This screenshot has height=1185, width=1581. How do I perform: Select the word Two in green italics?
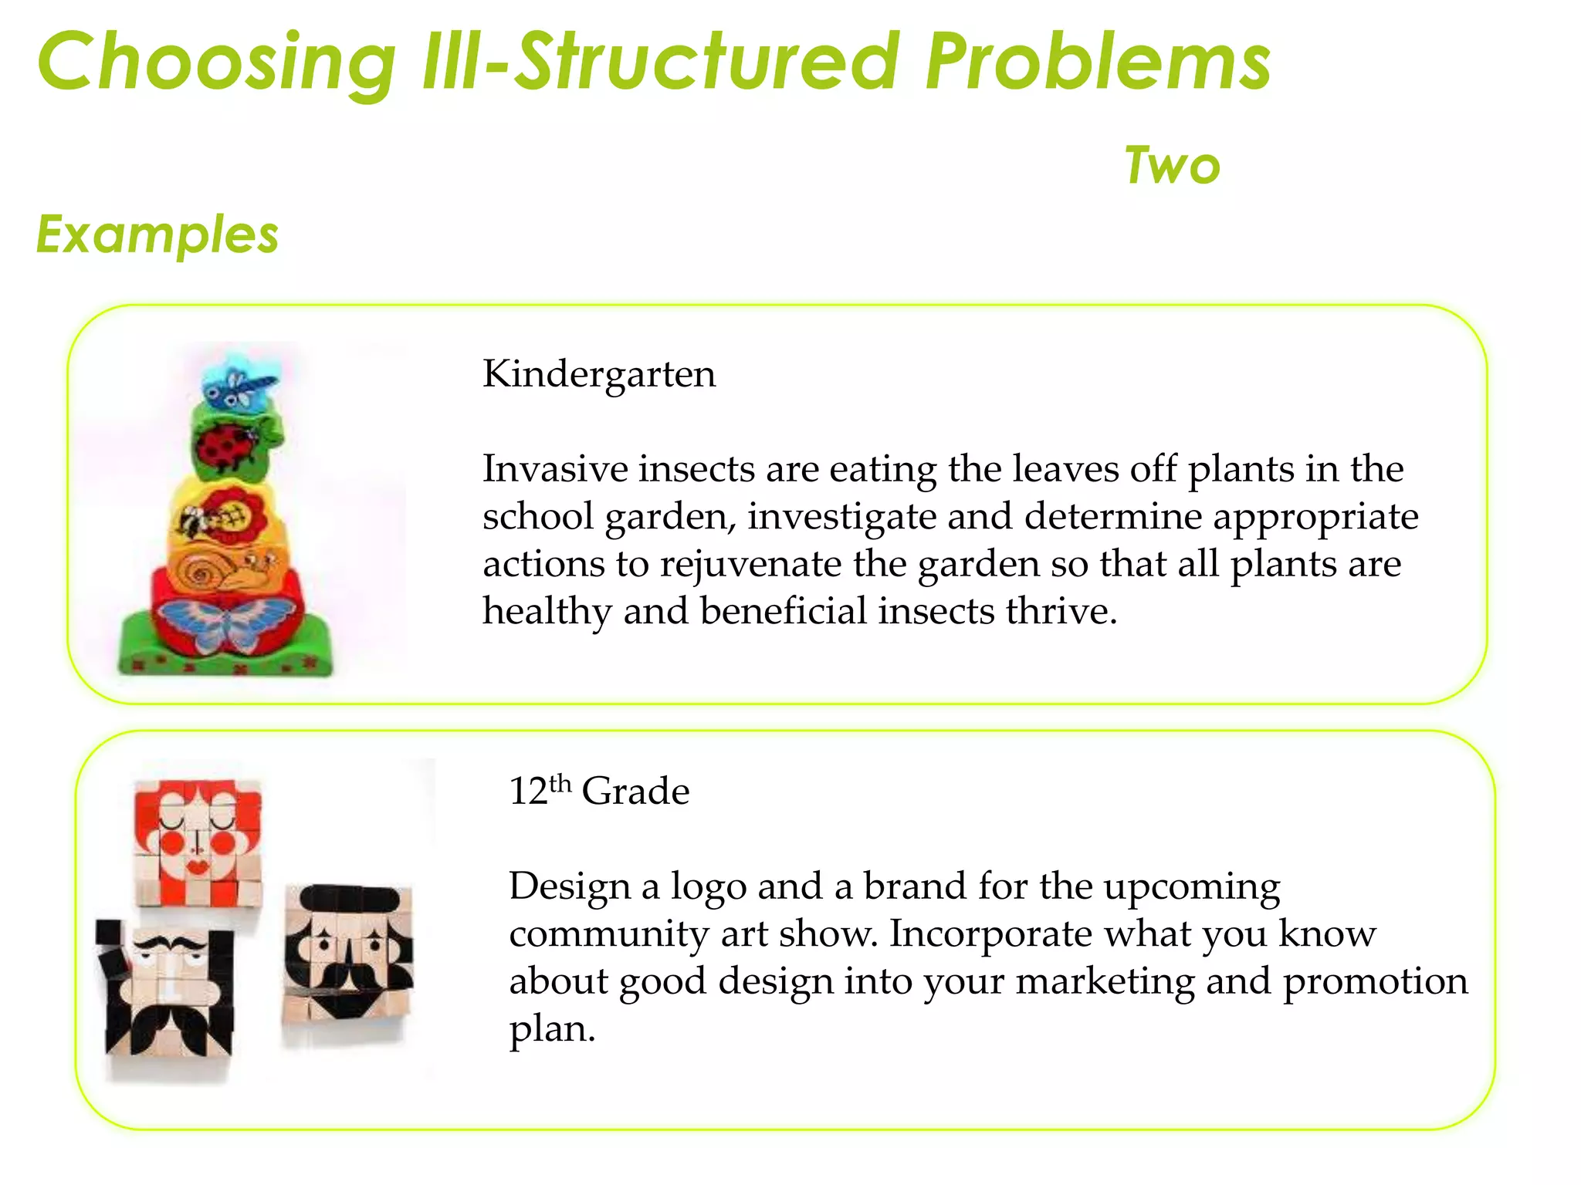pos(1172,166)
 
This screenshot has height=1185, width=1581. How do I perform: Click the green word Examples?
pos(157,235)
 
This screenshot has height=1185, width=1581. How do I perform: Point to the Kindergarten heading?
pos(599,375)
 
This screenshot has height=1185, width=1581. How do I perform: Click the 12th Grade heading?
pos(599,792)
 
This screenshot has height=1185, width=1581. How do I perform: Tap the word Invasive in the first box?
pos(555,469)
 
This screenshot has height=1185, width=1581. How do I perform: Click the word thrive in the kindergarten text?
pos(1061,612)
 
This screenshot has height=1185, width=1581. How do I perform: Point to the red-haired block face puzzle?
pos(198,841)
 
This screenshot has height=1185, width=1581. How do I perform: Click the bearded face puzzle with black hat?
pos(347,957)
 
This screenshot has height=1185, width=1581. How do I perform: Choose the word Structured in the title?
pos(706,62)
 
